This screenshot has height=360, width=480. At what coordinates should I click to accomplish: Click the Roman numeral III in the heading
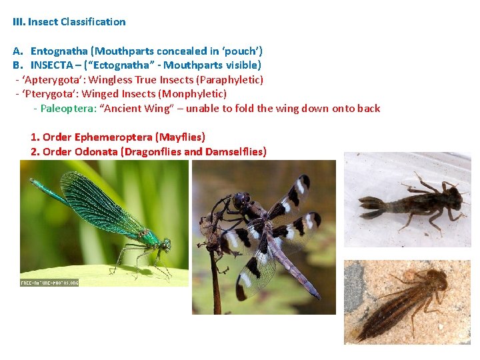19,21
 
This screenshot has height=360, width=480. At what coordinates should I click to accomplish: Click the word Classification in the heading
93,21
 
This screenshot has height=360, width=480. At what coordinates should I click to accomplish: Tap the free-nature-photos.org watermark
49,282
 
